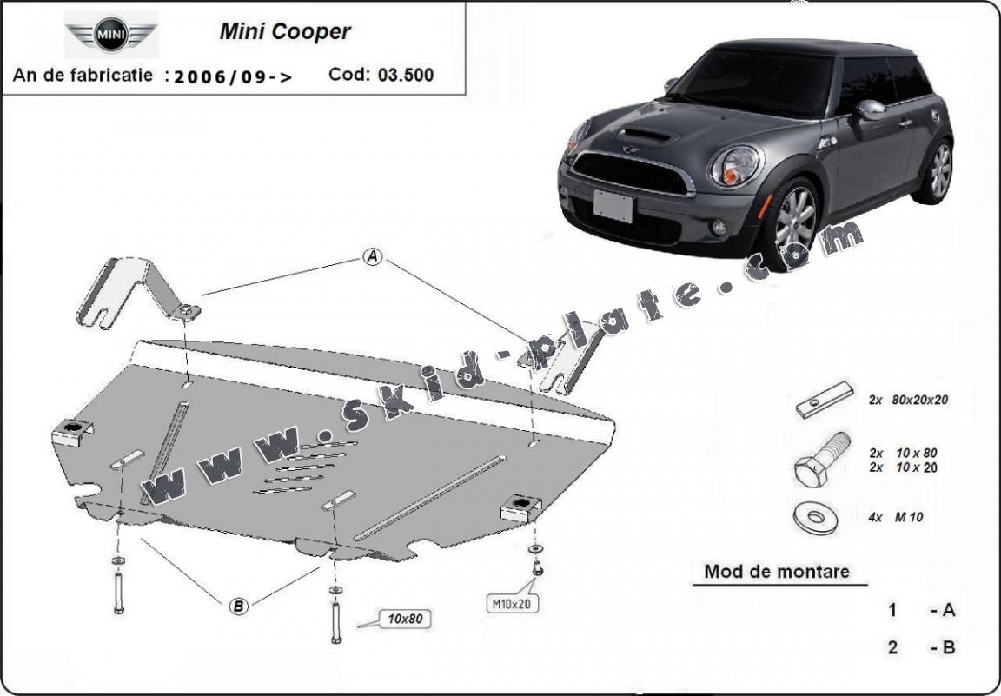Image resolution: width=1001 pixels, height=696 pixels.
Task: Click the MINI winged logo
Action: [x=111, y=36]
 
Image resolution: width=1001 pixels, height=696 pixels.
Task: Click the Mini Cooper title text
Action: [x=284, y=32]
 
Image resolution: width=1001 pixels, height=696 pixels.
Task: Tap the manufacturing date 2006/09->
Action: [x=234, y=76]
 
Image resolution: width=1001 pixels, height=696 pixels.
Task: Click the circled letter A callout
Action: [x=372, y=257]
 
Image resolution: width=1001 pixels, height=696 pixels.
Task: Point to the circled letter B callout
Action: [x=238, y=607]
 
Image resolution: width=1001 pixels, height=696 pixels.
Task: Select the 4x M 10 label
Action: [x=896, y=517]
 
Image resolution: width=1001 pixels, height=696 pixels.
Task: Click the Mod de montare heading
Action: [x=777, y=572]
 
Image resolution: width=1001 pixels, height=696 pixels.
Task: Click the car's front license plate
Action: [x=613, y=206]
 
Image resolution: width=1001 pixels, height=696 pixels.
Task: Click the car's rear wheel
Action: [x=938, y=172]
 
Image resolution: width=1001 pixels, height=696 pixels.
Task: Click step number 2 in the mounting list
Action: [x=892, y=647]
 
